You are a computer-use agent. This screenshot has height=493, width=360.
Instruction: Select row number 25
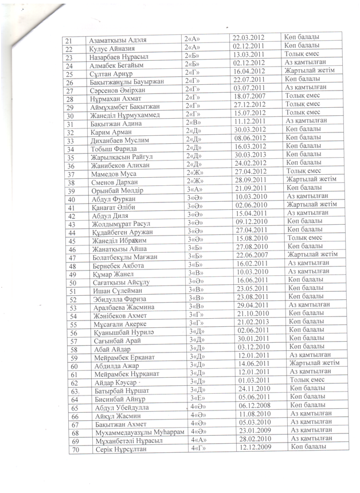(70, 75)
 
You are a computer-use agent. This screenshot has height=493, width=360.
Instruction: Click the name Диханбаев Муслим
(116, 141)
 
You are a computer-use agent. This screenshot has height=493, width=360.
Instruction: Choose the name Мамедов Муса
(112, 174)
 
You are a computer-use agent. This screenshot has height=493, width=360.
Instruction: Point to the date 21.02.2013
(253, 323)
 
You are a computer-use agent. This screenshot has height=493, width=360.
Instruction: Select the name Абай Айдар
(109, 349)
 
